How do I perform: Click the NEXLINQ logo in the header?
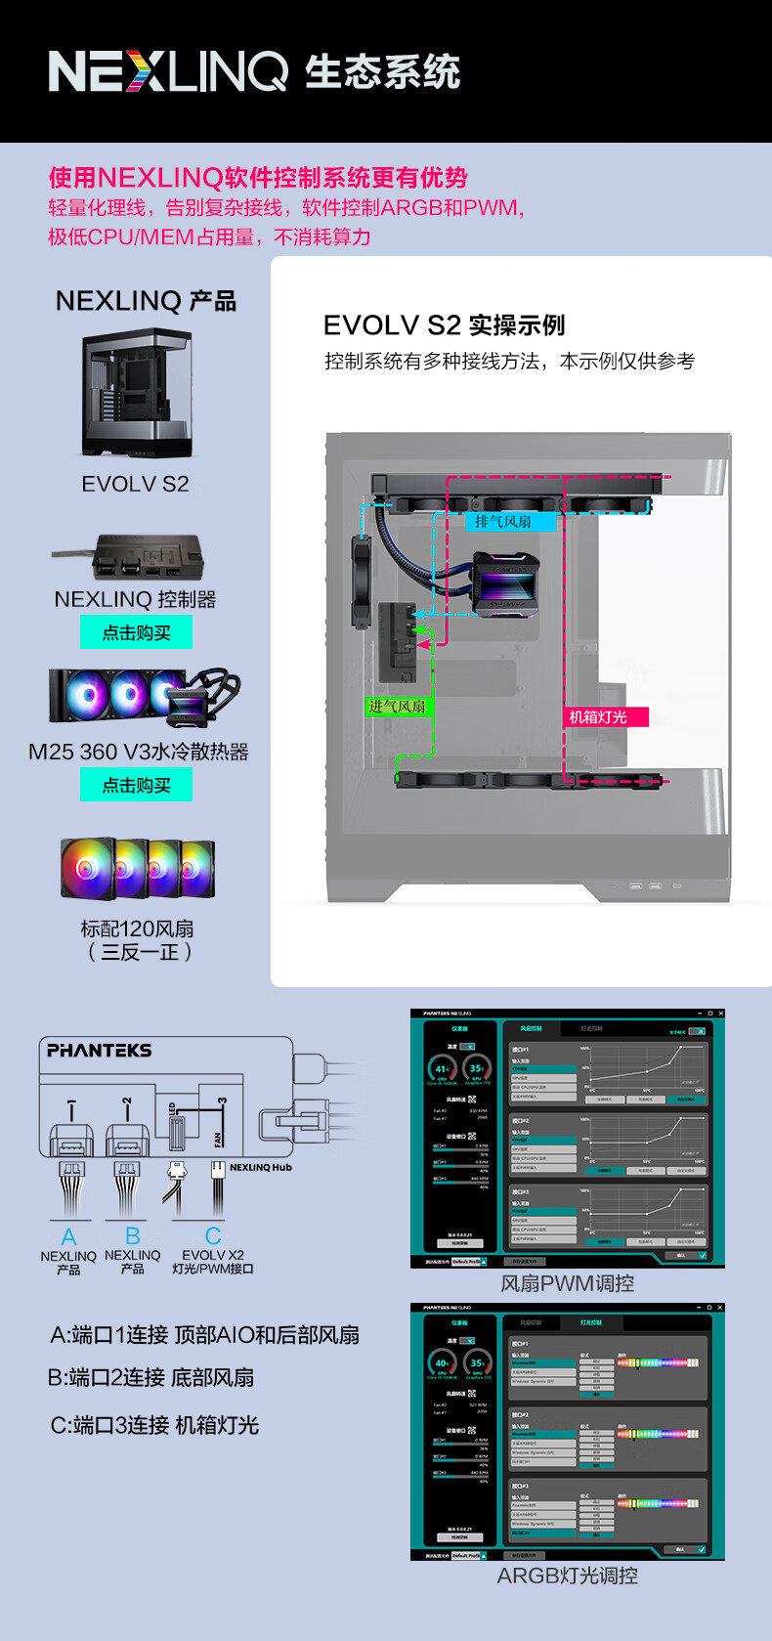168,71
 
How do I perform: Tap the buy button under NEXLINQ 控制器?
136,632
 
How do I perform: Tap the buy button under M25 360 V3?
136,785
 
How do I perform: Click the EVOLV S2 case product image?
137,393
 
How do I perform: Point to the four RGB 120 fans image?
137,868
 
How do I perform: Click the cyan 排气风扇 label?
503,522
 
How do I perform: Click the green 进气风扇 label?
397,707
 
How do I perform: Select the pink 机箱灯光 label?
598,717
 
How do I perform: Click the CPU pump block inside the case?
506,583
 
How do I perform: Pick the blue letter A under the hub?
68,1237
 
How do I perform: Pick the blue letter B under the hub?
133,1237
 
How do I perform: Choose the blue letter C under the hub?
213,1237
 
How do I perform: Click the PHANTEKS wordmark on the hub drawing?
100,1051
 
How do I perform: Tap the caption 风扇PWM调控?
567,1283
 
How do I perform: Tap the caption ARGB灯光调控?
567,1576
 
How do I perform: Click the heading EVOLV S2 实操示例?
444,325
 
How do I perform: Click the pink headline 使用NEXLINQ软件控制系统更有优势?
258,178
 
